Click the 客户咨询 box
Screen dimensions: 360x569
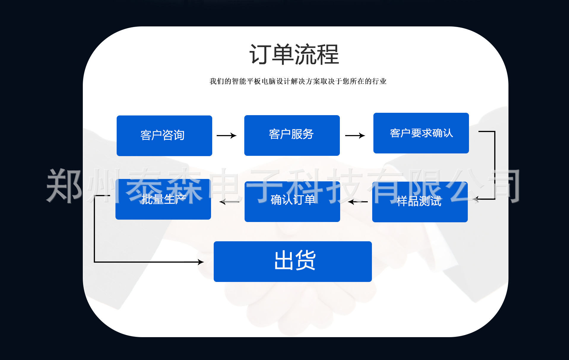click(x=164, y=136)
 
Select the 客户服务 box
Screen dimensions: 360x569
click(x=292, y=135)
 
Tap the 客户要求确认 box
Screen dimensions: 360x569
click(x=421, y=133)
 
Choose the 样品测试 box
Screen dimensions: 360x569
click(x=420, y=202)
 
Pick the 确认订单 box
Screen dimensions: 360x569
click(x=292, y=202)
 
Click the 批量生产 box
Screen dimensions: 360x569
click(x=163, y=199)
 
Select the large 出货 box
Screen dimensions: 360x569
click(x=292, y=261)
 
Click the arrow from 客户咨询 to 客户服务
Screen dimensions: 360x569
click(x=226, y=136)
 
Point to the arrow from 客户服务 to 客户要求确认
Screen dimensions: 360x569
click(x=355, y=136)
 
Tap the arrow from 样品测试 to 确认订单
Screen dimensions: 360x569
click(x=358, y=202)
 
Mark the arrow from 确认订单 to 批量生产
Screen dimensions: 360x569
click(x=229, y=202)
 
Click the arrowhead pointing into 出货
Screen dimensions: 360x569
click(x=201, y=262)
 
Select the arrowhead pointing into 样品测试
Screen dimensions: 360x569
click(x=476, y=199)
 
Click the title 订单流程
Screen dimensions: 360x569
click(x=294, y=55)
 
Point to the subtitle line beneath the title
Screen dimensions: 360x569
click(x=298, y=81)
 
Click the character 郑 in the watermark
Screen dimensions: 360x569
click(x=64, y=186)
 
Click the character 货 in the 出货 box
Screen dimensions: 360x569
click(x=306, y=260)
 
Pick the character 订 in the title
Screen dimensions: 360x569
click(x=260, y=55)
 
